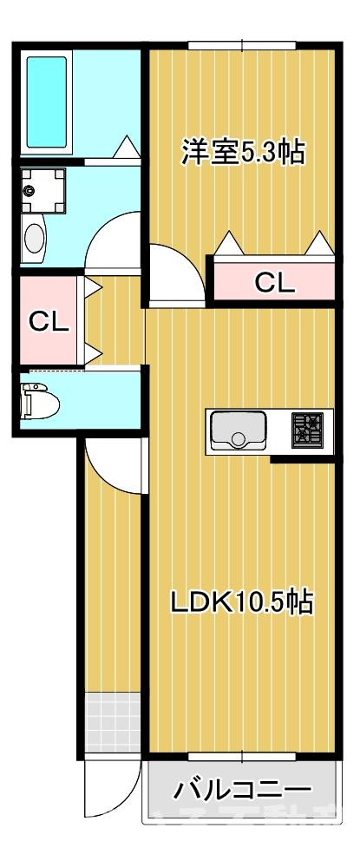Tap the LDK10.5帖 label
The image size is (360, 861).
click(x=240, y=601)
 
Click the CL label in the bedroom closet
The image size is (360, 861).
click(x=274, y=281)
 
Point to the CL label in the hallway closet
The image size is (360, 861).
click(x=49, y=321)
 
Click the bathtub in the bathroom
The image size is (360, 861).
click(x=49, y=102)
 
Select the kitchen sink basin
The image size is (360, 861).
click(x=239, y=430)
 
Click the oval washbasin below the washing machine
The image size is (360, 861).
click(x=35, y=236)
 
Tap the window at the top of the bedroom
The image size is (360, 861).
click(x=243, y=45)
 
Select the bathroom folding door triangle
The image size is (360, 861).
click(x=127, y=149)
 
